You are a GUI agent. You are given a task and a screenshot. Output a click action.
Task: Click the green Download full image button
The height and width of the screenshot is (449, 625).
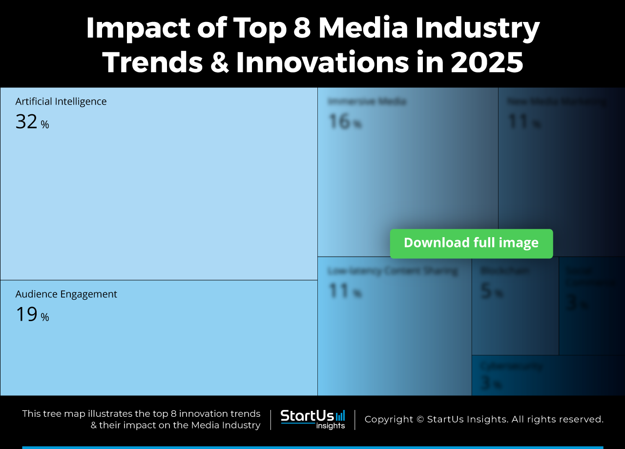[x=471, y=243]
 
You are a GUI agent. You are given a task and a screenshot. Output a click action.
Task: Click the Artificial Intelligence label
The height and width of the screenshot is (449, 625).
[x=61, y=102]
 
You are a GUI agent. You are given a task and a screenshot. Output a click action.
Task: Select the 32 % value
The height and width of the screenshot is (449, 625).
[x=32, y=122]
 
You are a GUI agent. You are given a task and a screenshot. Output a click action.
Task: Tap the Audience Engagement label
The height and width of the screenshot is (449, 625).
[x=66, y=294]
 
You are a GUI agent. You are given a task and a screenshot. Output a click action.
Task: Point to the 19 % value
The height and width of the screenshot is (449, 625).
[x=32, y=315]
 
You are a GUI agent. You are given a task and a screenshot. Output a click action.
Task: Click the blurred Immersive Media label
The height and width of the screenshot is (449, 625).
[x=367, y=102]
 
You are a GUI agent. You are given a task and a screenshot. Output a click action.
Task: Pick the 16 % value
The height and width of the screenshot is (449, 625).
[x=344, y=122]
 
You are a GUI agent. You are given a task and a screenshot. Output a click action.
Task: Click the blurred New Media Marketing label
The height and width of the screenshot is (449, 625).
[x=557, y=102]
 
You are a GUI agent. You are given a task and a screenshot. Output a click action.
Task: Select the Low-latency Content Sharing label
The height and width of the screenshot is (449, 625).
[x=393, y=271]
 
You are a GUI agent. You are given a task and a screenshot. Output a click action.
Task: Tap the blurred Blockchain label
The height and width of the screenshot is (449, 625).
[x=504, y=270]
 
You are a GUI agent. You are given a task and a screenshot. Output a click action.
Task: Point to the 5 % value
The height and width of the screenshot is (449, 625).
[x=491, y=291]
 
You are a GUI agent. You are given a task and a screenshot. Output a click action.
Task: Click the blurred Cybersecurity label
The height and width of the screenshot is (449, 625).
[x=511, y=366]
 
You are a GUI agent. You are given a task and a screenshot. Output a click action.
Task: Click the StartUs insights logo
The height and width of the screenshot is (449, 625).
[x=312, y=419]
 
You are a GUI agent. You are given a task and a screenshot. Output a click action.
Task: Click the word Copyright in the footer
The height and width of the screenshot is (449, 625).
[x=388, y=419]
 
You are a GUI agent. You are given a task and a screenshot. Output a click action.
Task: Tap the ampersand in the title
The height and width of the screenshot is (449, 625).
[x=217, y=62]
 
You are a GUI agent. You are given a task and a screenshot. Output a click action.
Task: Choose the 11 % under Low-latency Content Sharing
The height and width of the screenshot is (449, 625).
[x=344, y=291]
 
